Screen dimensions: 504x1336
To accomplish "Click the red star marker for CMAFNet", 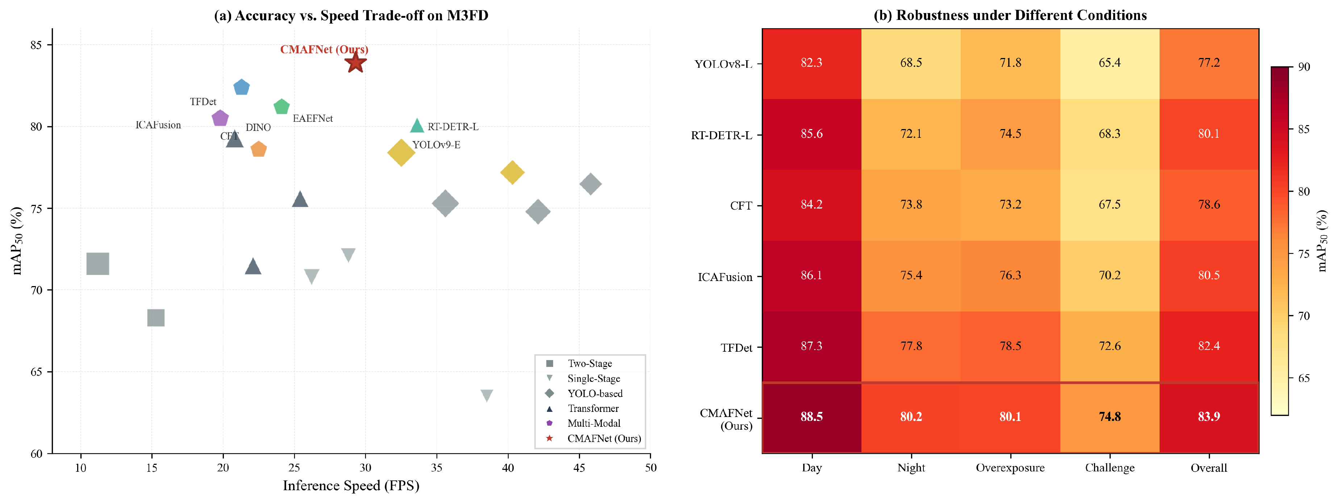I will (355, 63).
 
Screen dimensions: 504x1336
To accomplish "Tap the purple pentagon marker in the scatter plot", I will (220, 118).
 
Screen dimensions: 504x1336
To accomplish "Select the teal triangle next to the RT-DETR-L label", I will (417, 125).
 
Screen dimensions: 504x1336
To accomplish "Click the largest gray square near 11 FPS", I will (97, 264).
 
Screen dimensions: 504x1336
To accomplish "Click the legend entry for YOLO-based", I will (594, 393).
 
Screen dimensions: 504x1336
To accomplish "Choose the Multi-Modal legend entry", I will (593, 424).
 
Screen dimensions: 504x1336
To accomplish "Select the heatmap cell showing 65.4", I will (1109, 63).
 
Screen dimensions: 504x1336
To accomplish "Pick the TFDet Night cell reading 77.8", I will (911, 346).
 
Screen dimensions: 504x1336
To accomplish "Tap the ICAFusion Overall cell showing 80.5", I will (1208, 275).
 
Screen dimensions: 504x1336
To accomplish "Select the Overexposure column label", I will (1010, 468).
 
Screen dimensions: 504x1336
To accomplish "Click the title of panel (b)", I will (1010, 15).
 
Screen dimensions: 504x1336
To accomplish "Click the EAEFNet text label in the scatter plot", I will (313, 118).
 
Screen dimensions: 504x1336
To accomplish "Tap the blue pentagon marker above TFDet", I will (242, 87).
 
